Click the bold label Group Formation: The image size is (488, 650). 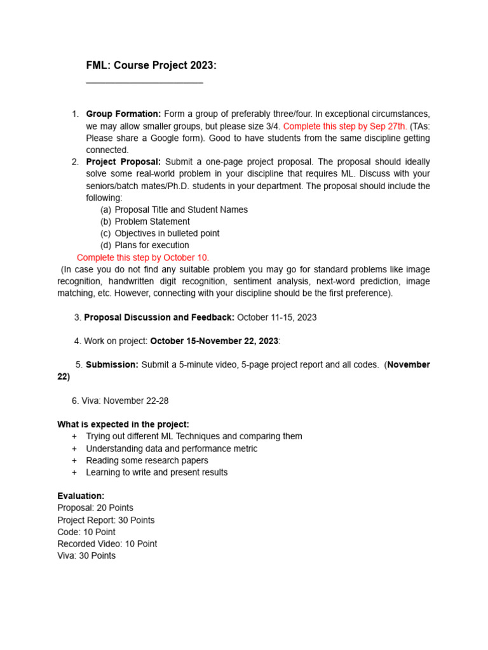[x=123, y=114]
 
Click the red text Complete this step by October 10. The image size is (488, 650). [x=143, y=258]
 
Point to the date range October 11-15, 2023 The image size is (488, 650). [x=276, y=317]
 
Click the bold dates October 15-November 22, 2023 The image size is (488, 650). [x=214, y=341]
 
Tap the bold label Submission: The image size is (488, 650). [x=112, y=365]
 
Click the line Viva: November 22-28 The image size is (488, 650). [x=120, y=401]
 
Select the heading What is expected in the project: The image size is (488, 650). [x=123, y=424]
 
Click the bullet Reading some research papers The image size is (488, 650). [x=147, y=460]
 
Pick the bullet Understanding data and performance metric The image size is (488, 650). [x=172, y=449]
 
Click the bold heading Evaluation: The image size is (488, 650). [x=81, y=496]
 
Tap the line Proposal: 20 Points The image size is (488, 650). [x=95, y=508]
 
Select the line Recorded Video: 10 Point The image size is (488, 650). [x=107, y=544]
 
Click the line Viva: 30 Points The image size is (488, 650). [x=86, y=555]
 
